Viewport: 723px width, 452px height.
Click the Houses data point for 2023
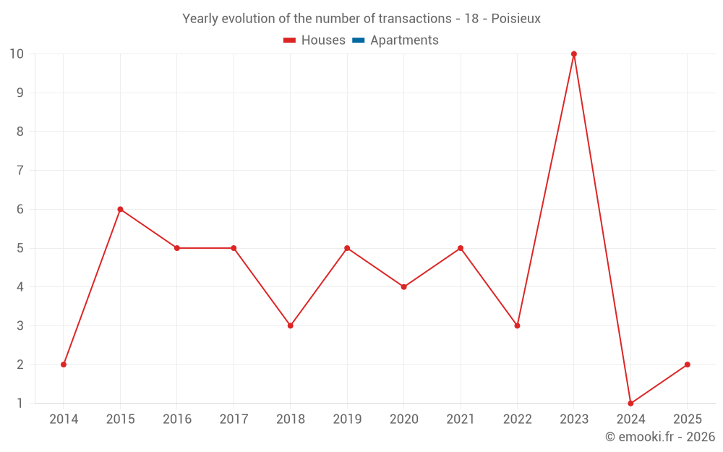click(x=574, y=54)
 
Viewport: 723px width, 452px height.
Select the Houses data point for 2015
click(x=120, y=209)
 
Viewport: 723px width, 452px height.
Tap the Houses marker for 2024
click(x=630, y=403)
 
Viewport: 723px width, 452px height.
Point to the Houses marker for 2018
click(x=291, y=325)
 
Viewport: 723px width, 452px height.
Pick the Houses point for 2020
click(x=404, y=287)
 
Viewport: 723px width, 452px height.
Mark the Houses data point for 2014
click(x=64, y=364)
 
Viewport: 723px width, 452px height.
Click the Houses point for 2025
click(x=687, y=364)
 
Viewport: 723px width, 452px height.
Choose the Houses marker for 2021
click(x=461, y=248)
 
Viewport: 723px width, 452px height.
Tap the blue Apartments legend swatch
click(x=358, y=40)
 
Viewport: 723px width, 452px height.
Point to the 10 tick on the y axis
click(x=17, y=54)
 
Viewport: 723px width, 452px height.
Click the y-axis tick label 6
click(x=20, y=209)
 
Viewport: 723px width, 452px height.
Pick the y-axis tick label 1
click(x=20, y=403)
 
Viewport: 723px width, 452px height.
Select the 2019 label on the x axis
click(x=347, y=419)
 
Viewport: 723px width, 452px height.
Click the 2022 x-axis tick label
click(x=517, y=419)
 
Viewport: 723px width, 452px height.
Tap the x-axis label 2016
click(x=177, y=419)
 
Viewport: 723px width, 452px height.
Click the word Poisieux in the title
click(x=515, y=19)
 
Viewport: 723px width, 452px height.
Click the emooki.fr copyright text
click(x=660, y=437)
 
